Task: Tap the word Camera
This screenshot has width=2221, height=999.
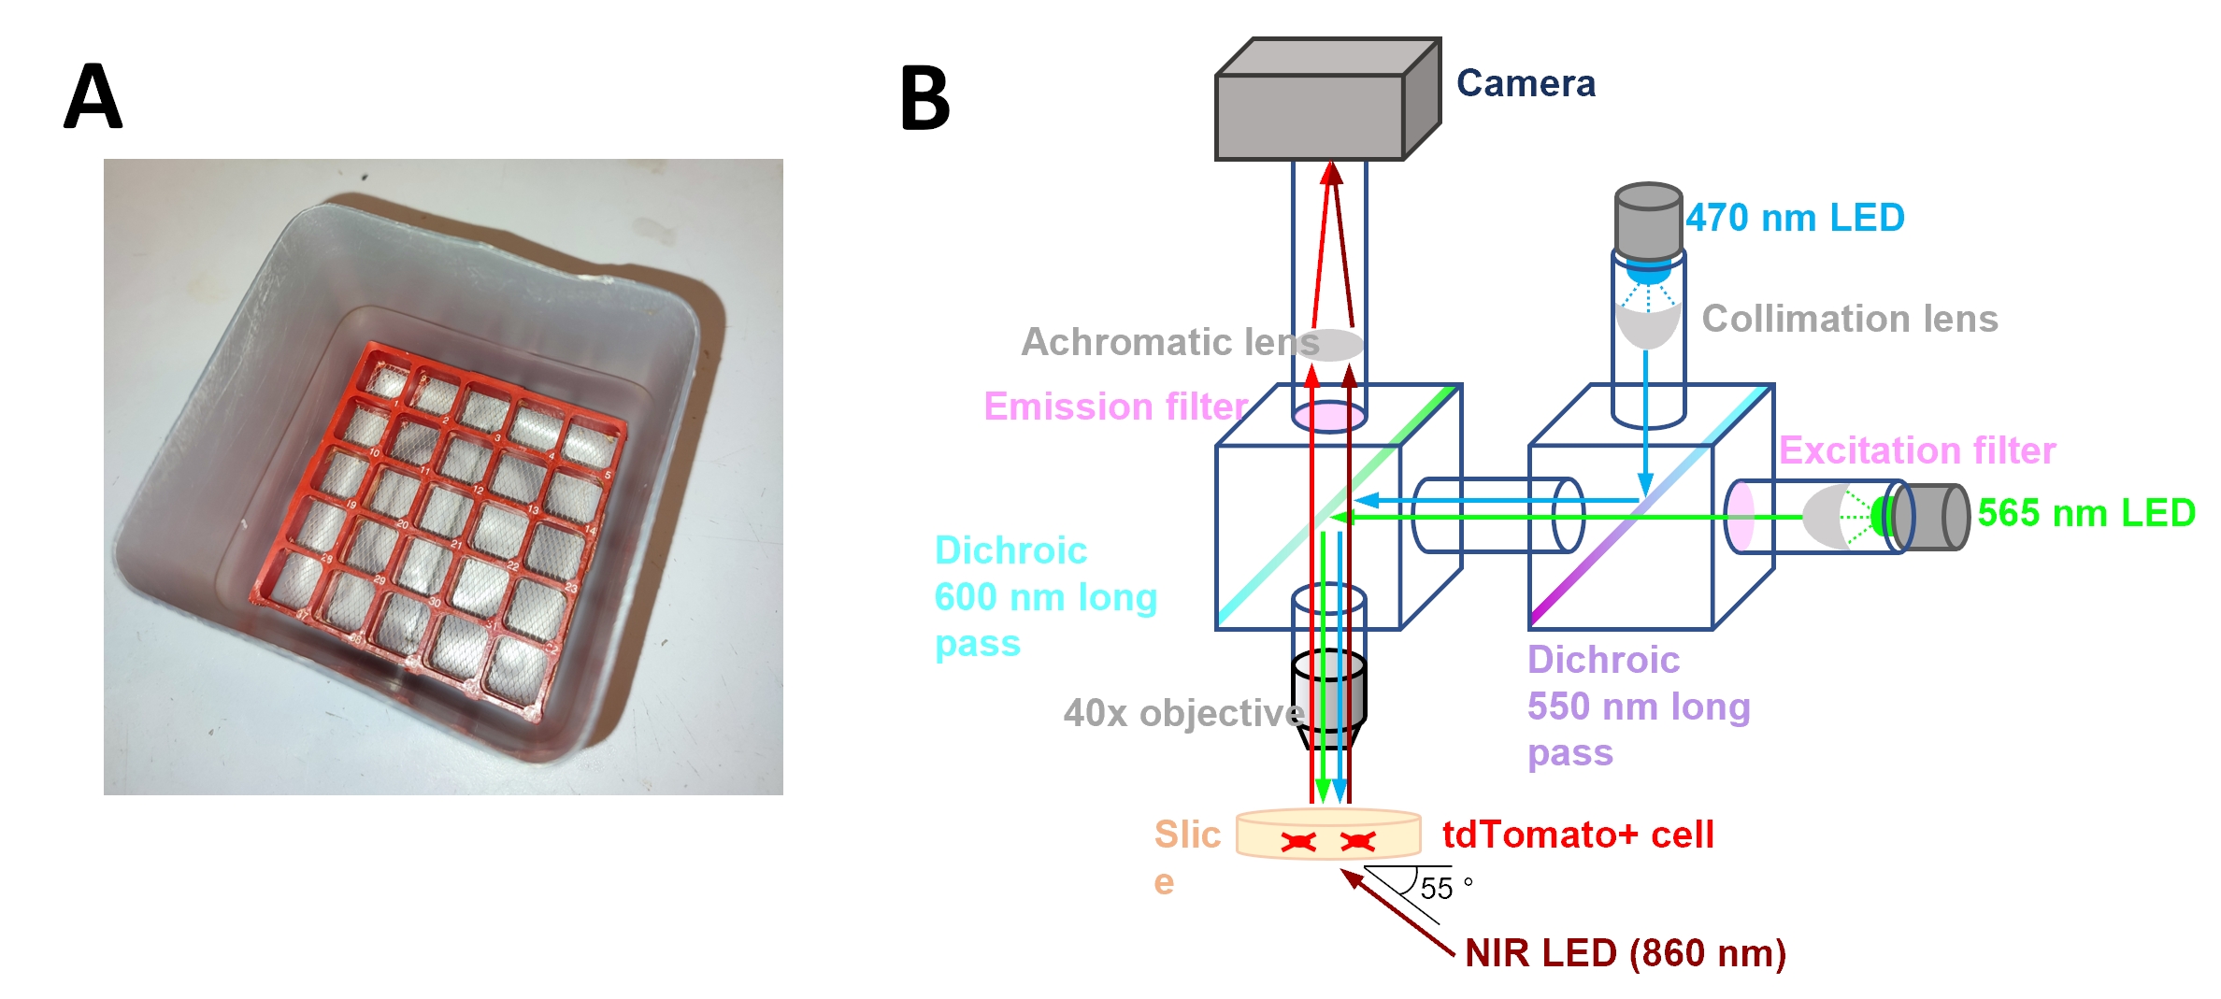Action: [x=1526, y=84]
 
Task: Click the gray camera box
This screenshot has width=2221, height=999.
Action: [x=1310, y=117]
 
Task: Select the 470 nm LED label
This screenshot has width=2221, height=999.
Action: [x=1795, y=218]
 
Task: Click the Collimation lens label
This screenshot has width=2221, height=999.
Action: [x=1849, y=319]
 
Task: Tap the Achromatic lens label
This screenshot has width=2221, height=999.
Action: [x=1169, y=342]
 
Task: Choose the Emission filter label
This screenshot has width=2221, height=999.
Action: [x=1115, y=407]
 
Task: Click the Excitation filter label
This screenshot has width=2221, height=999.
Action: [x=1916, y=450]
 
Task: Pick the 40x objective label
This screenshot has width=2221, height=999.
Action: [x=1182, y=713]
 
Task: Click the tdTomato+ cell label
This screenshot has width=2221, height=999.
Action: [x=1578, y=835]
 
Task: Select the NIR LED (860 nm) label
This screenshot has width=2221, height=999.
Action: [x=1626, y=953]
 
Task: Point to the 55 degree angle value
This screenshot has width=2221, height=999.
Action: [x=1437, y=888]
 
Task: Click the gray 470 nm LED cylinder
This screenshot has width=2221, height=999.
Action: [x=1648, y=221]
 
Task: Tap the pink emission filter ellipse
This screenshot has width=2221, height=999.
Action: [x=1329, y=416]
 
